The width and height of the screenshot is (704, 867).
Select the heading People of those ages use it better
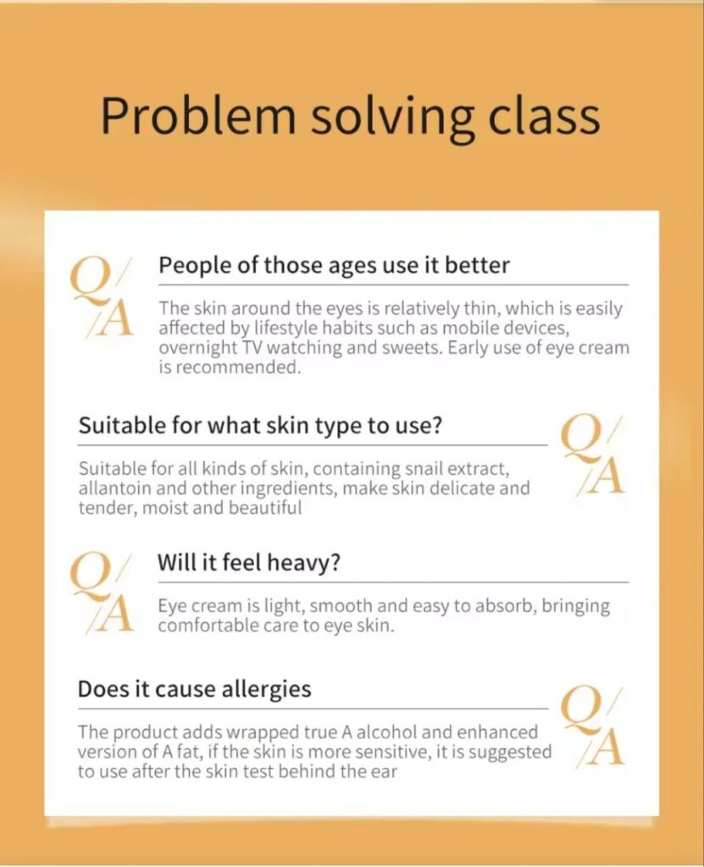[334, 265]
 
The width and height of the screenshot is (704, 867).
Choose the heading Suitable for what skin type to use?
[260, 426]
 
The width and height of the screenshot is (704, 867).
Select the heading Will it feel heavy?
[249, 562]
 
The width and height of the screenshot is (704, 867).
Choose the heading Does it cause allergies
[194, 689]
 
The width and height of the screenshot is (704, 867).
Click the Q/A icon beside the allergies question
[593, 726]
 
